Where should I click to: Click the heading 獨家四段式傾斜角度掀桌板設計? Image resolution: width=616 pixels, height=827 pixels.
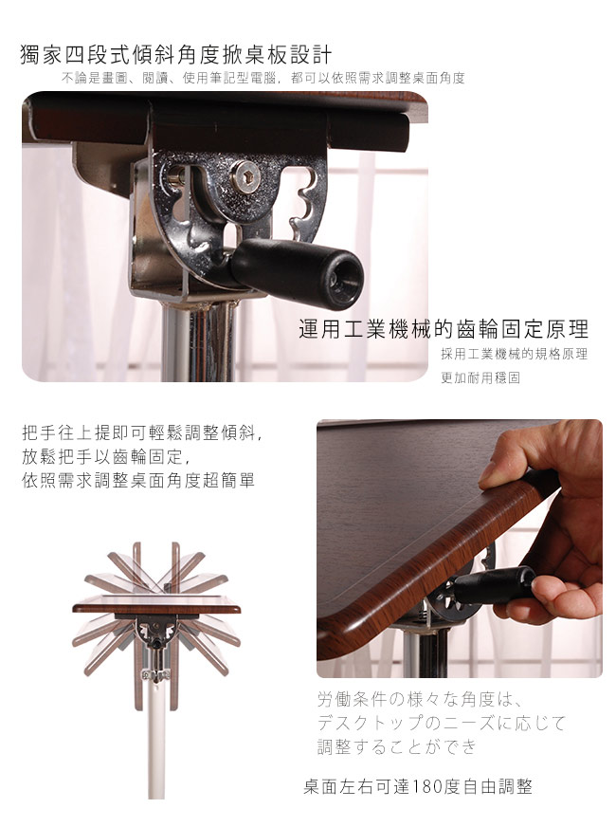coord(176,55)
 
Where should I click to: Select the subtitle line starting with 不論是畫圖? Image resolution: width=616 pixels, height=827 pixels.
coord(263,79)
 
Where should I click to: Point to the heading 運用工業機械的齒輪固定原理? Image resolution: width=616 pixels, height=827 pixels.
coord(444,329)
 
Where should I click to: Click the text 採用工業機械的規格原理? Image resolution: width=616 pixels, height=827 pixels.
coord(515,354)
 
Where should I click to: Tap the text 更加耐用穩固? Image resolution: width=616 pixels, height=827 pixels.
coord(480,377)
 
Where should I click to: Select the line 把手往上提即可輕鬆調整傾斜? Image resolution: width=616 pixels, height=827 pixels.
coord(142,432)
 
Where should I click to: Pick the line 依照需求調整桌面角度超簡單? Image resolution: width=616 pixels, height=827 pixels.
coord(138,480)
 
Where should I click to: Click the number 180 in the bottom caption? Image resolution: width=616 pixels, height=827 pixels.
coord(426,787)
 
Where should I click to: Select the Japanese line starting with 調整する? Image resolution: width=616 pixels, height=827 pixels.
coord(397,746)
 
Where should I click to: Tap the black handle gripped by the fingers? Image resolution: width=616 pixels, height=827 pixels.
coord(493,584)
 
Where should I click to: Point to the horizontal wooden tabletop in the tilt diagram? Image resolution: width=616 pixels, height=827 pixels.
coord(156,607)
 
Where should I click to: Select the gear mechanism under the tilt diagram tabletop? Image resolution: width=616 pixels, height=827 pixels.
coord(156,631)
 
